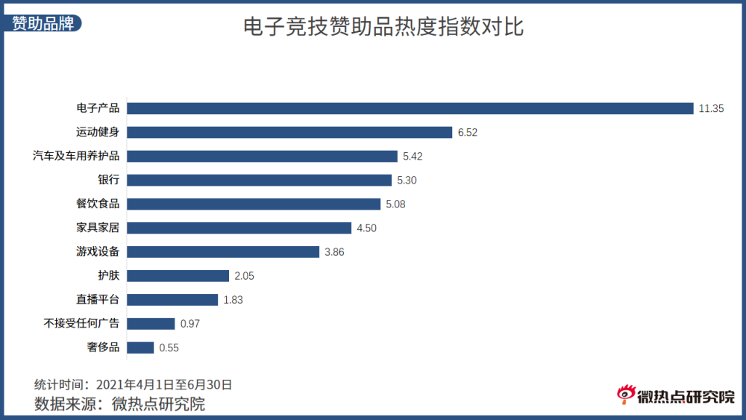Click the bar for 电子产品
[x=410, y=108]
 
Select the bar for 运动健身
[x=289, y=132]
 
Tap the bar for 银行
[x=259, y=180]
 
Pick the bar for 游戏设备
[x=223, y=251]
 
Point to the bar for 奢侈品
[x=140, y=347]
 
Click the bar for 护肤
[x=178, y=275]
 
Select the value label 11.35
[x=711, y=108]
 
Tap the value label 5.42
[x=413, y=156]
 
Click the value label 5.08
[x=395, y=204]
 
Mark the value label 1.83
[x=233, y=299]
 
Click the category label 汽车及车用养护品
[x=76, y=156]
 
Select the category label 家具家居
[x=98, y=228]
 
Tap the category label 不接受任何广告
[x=81, y=323]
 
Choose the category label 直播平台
[x=98, y=299]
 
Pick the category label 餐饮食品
[x=98, y=204]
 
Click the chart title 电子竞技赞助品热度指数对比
[x=383, y=28]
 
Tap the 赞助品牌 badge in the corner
[x=43, y=22]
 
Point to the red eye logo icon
[x=624, y=395]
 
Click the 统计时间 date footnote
[x=134, y=385]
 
